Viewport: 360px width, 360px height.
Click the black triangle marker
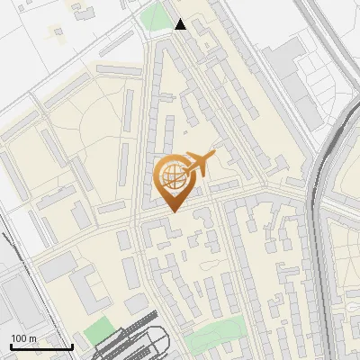click(181, 24)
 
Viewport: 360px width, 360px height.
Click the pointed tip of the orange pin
click(173, 211)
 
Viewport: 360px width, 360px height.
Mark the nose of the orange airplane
click(215, 155)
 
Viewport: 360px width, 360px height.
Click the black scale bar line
click(41, 346)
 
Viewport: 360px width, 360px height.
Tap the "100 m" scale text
click(23, 338)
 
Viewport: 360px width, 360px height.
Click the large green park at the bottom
click(216, 330)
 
